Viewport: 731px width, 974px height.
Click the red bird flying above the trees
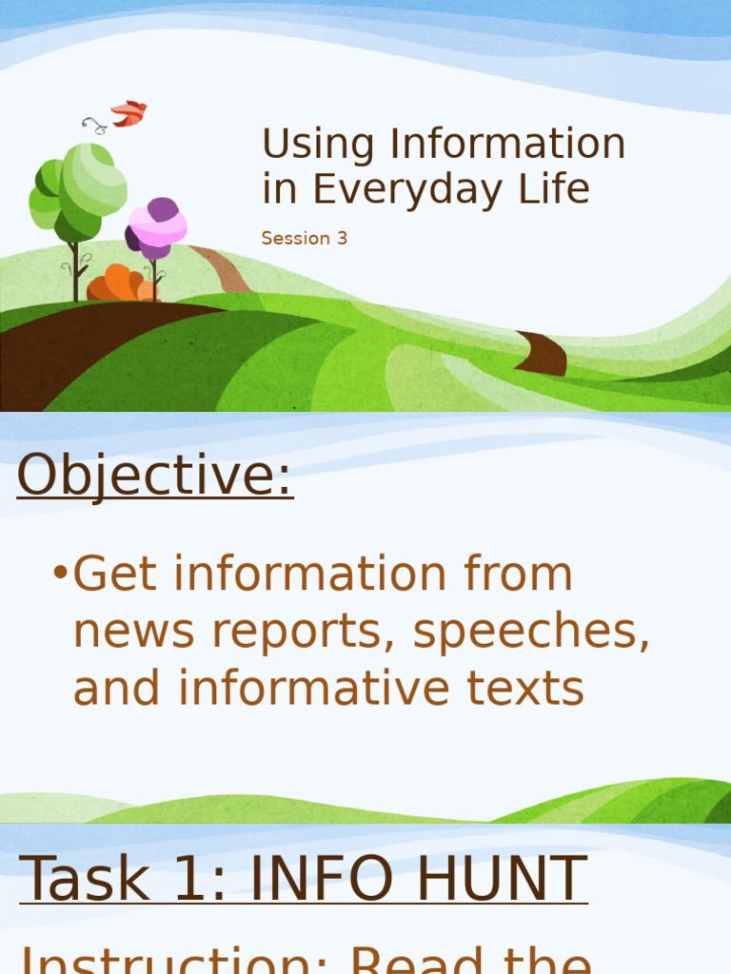click(x=128, y=113)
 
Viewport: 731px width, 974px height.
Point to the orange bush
click(x=120, y=284)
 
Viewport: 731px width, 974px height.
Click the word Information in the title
click(x=506, y=145)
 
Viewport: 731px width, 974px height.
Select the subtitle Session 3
click(x=305, y=239)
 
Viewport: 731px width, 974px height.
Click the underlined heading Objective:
click(x=155, y=475)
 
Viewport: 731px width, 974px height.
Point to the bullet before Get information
click(x=60, y=575)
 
